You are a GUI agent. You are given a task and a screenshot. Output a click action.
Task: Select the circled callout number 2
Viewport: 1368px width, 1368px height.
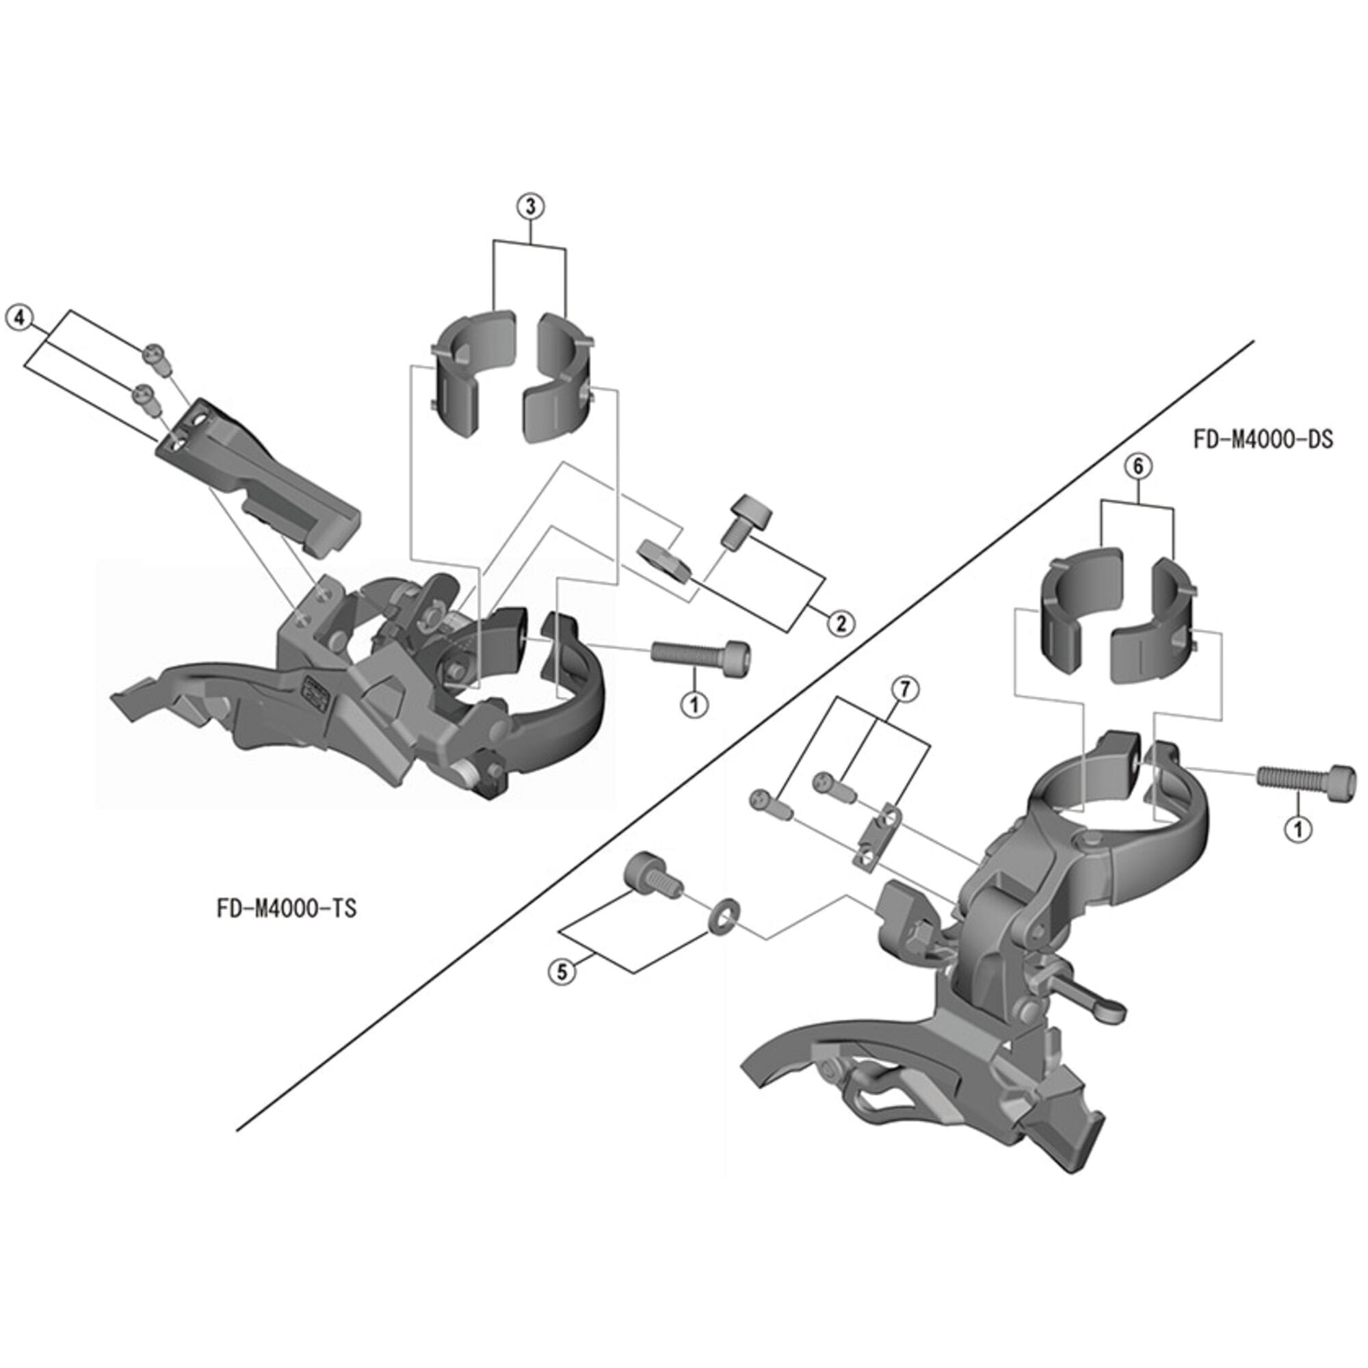coord(841,622)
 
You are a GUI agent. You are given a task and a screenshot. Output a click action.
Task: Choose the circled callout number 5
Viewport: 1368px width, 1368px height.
coord(562,971)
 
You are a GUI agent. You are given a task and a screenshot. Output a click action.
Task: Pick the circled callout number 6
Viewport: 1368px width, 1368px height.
coord(1138,466)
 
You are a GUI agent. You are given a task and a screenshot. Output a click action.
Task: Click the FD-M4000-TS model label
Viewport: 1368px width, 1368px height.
coord(287,909)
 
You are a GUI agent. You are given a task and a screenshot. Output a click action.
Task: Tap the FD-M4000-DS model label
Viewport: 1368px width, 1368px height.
coord(1263,440)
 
